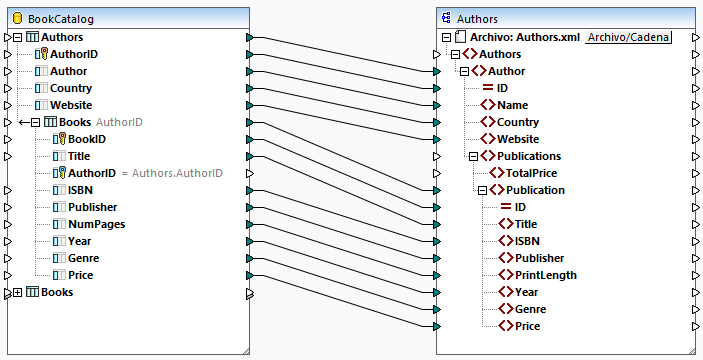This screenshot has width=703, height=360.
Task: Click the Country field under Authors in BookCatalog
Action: pyautogui.click(x=71, y=88)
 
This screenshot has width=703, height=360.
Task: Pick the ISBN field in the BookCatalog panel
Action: pyautogui.click(x=83, y=190)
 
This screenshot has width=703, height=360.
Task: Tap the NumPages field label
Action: pyautogui.click(x=96, y=224)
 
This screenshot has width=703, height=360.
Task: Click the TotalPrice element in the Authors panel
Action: pyautogui.click(x=541, y=173)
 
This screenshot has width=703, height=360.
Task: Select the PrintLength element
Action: pyautogui.click(x=545, y=275)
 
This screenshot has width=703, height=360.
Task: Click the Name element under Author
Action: pyautogui.click(x=513, y=105)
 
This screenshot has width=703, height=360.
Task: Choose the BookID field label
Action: pyautogui.click(x=87, y=139)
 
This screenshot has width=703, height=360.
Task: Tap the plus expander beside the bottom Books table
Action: pyautogui.click(x=18, y=292)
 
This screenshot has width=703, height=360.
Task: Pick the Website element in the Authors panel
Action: pyautogui.click(x=518, y=139)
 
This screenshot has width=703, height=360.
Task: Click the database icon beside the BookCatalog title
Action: pyautogui.click(x=18, y=18)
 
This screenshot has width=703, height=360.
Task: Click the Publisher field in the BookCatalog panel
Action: pyautogui.click(x=93, y=207)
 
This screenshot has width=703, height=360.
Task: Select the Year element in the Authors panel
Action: pyautogui.click(x=527, y=292)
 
